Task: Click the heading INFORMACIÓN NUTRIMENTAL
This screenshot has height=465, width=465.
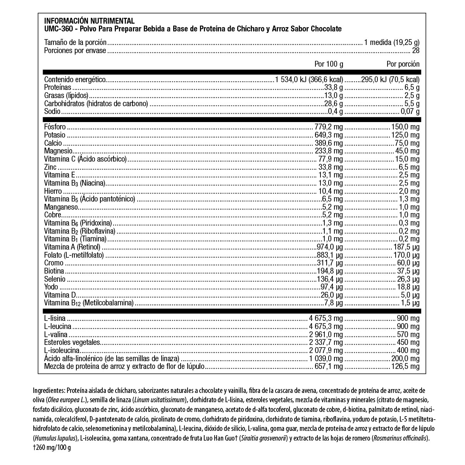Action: coord(89,21)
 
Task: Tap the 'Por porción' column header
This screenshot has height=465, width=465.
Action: coord(403,64)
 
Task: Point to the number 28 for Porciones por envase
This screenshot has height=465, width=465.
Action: coord(416,51)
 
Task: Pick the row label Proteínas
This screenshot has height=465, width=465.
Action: coord(58,88)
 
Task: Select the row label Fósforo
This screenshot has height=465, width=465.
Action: coord(55,127)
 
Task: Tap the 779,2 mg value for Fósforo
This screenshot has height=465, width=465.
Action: coord(329,127)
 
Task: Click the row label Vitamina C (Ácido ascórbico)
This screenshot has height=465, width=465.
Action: coord(86,159)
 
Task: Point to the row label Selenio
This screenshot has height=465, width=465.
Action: coord(55,279)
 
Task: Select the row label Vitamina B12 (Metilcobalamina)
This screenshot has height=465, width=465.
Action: coord(89,303)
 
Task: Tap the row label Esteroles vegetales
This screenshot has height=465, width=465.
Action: coord(72,343)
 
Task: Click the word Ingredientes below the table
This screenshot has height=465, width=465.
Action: coord(50,390)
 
